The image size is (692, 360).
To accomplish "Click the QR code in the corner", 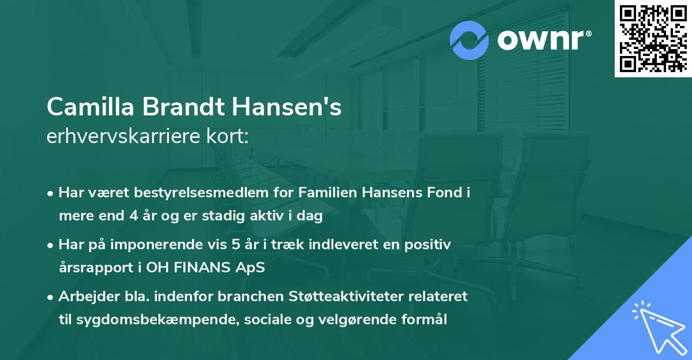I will [653, 39].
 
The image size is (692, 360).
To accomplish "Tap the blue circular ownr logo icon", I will [469, 40].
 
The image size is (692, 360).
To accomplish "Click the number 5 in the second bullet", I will [235, 244].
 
